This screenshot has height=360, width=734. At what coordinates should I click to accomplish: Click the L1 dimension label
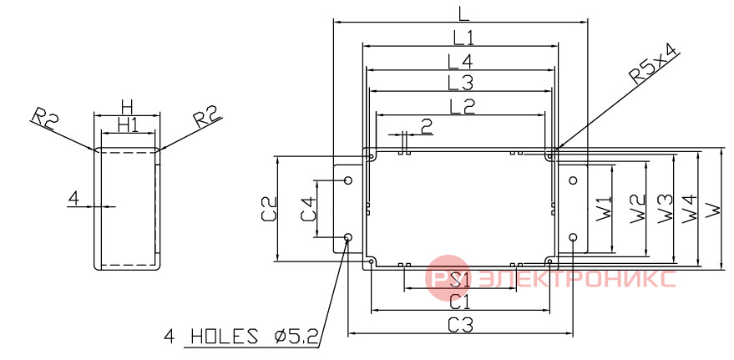463,37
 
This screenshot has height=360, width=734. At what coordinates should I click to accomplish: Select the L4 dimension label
460,61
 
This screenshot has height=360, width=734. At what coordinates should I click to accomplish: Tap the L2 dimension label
462,106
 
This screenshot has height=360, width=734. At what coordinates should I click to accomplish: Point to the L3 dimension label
461,84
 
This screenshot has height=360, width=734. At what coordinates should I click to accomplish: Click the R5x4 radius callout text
654,65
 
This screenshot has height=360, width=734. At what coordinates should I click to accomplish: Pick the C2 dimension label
269,210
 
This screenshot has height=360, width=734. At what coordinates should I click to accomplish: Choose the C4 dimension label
308,209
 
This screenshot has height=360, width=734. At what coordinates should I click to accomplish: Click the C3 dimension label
461,324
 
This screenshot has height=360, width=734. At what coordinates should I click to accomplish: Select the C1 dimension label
459,302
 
